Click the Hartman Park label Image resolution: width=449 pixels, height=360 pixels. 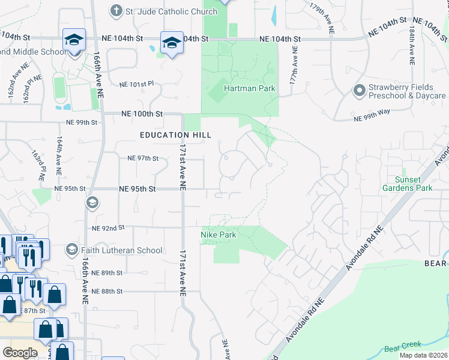click(249, 88)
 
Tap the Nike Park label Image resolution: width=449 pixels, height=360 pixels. click(218, 235)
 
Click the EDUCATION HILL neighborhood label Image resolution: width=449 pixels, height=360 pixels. click(175, 135)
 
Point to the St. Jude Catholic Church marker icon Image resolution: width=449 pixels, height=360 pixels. click(116, 11)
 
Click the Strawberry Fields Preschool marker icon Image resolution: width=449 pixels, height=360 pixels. click(359, 91)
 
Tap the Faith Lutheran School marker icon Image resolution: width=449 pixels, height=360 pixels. click(72, 250)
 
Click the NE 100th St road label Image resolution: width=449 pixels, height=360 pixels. click(142, 113)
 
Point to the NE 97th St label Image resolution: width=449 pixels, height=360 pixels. click(143, 158)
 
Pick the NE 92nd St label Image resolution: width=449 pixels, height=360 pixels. click(108, 228)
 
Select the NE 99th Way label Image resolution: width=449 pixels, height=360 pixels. click(372, 118)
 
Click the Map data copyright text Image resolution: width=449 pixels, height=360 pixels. click(424, 355)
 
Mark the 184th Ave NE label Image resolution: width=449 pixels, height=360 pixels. click(411, 45)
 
